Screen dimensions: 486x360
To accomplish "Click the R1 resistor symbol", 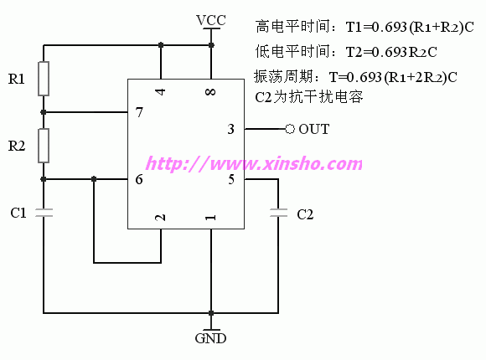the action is click(44, 79).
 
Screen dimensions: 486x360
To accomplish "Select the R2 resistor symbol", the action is click(44, 146).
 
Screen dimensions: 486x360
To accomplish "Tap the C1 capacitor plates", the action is click(44, 213).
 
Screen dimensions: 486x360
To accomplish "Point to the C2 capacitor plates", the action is click(278, 213).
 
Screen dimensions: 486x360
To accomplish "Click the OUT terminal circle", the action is click(289, 129).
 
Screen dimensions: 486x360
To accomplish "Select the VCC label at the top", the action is click(211, 20).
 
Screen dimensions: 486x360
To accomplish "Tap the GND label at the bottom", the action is click(211, 338).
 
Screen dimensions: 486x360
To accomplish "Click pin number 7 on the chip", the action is click(139, 112).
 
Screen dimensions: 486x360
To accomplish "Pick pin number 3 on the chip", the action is click(231, 129).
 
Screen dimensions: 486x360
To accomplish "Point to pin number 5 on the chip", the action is click(231, 179).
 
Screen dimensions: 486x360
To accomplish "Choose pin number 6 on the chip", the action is click(139, 179).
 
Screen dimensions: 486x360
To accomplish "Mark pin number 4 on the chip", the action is click(161, 92).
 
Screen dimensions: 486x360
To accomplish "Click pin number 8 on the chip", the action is click(210, 92).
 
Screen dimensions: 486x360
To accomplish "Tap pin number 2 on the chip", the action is click(160, 218).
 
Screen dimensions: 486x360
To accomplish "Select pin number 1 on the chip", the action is click(211, 218).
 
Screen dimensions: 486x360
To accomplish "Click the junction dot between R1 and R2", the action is click(44, 112).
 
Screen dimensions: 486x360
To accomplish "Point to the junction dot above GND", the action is click(211, 313).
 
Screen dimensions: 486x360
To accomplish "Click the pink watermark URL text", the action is click(254, 163).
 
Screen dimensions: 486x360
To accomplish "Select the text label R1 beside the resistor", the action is click(17, 79).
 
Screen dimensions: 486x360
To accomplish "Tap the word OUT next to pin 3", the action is click(314, 129).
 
